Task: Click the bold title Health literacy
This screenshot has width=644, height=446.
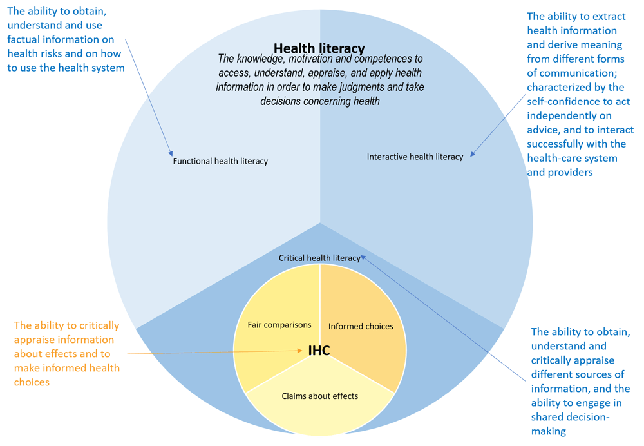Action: point(319,48)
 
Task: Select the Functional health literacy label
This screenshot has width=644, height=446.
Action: point(220,161)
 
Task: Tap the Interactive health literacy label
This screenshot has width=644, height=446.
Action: point(415,157)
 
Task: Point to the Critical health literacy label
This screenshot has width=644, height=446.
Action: point(319,258)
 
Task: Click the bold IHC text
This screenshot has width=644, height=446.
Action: point(319,350)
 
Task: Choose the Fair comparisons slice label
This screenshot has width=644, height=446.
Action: point(279,325)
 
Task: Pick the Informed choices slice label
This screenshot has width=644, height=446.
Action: point(361,326)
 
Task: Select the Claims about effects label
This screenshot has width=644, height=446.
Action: point(319,396)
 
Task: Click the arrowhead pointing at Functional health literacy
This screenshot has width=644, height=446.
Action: point(171,153)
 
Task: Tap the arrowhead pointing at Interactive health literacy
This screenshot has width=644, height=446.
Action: point(473,154)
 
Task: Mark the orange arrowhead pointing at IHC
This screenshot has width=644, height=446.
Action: point(300,351)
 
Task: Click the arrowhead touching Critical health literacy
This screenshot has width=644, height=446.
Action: point(363,258)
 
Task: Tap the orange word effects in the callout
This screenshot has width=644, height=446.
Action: point(95,353)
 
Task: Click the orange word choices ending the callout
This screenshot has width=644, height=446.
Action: point(32,382)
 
